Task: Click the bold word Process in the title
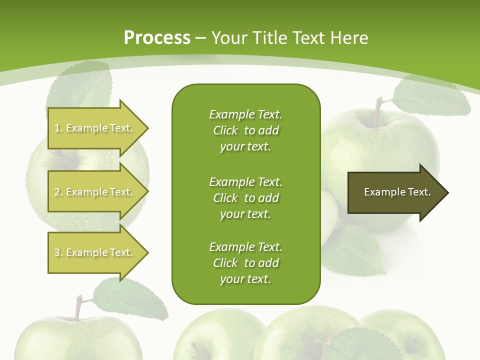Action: point(157,38)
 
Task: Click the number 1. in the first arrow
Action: point(58,128)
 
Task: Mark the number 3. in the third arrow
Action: point(58,253)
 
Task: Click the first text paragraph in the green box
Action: point(245,130)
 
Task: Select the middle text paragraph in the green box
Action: point(245,198)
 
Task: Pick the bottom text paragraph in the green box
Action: point(245,263)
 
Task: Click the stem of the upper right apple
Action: point(378,105)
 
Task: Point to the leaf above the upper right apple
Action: point(430,98)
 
